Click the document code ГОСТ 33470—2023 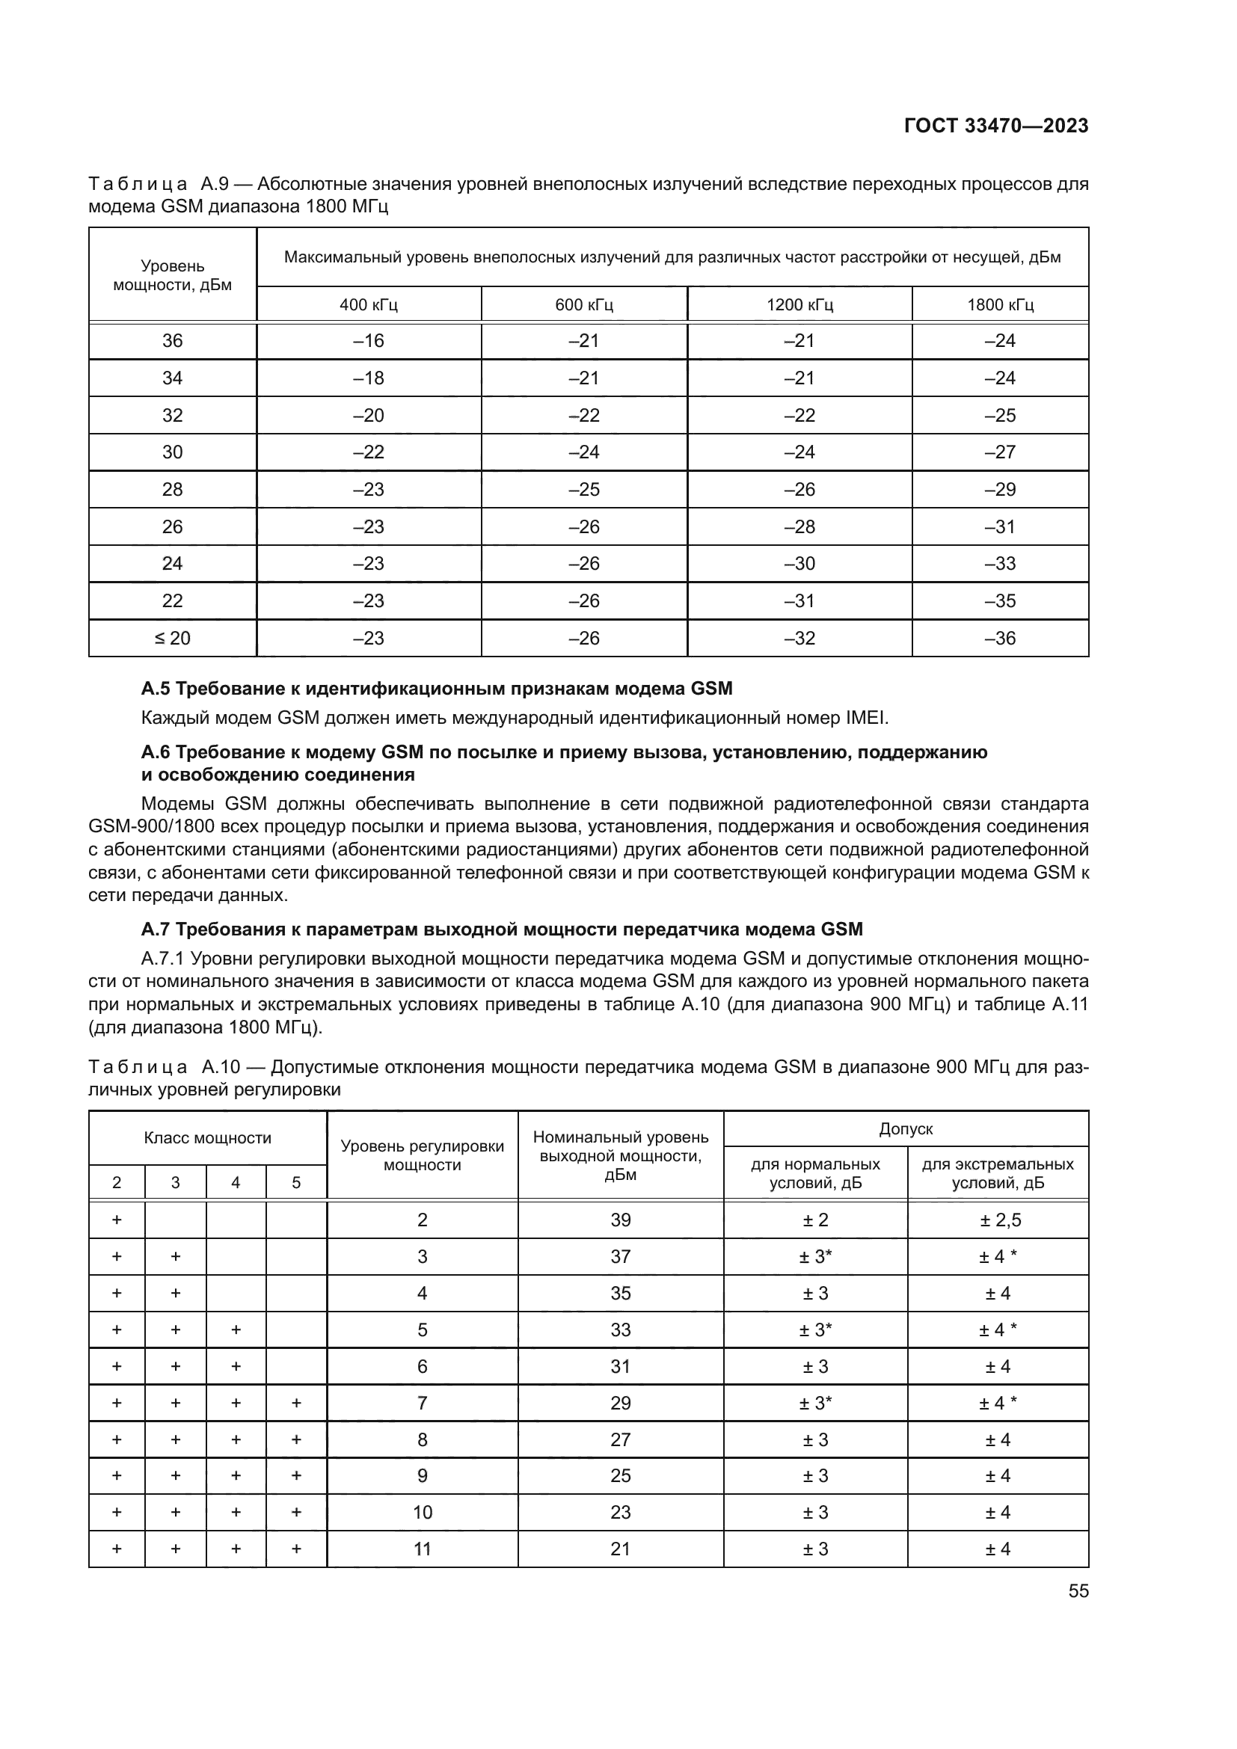[x=995, y=126]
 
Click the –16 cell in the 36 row [x=369, y=341]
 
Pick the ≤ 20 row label [x=172, y=639]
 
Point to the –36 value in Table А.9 [x=1000, y=639]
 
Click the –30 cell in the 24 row [x=799, y=564]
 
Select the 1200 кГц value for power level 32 [x=799, y=416]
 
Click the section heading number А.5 [x=156, y=689]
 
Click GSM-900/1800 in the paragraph [x=151, y=826]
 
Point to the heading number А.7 [x=156, y=929]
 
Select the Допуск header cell [x=906, y=1129]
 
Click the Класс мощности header [x=207, y=1138]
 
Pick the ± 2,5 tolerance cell [x=998, y=1220]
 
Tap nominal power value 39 [x=620, y=1220]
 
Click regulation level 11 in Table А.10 [x=422, y=1549]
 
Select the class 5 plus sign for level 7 [x=296, y=1403]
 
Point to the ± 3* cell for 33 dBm [x=815, y=1330]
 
